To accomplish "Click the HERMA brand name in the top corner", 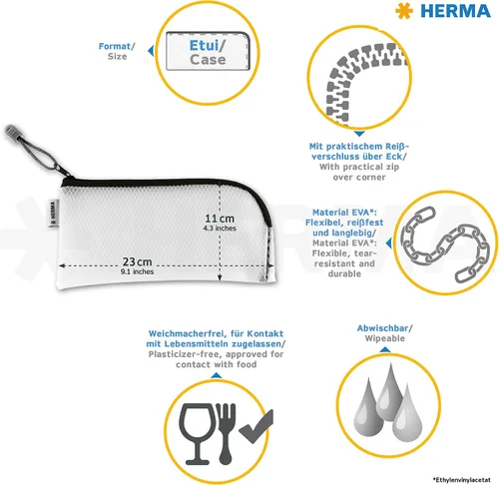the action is coord(455,11).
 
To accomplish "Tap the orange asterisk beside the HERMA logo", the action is coord(404,11).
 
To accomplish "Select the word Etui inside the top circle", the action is coord(204,46).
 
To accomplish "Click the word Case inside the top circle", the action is coord(208,60).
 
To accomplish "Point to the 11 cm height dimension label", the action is coord(220,219).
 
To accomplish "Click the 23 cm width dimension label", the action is coord(137,261).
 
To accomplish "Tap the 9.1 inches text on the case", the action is coord(137,271).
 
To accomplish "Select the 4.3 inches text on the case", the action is coord(220,229).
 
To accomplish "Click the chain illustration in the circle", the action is coord(445,244).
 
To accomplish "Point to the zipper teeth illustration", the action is coord(362,80).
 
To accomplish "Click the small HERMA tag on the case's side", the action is coord(52,213).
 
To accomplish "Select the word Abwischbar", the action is coord(382,328).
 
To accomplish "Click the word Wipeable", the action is coord(385,338).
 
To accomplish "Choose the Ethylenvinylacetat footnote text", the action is coord(462,480).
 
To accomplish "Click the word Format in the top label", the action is coord(115,46).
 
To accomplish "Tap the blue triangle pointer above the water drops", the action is coord(385,349).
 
